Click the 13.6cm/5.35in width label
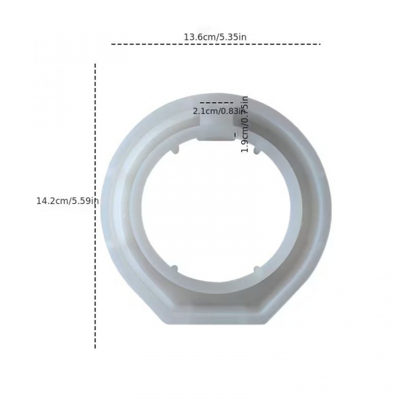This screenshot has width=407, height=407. (x=215, y=37)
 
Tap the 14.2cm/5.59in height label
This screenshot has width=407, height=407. (x=67, y=201)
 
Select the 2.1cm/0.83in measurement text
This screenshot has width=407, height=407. (x=218, y=111)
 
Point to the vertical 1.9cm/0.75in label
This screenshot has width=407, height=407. (x=245, y=124)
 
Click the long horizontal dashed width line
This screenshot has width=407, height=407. (x=216, y=45)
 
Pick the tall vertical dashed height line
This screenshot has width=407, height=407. (x=95, y=206)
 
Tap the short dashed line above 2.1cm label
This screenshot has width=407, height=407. (x=216, y=103)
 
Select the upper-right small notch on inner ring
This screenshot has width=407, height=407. (x=256, y=151)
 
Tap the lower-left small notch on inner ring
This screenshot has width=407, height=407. (x=174, y=269)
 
